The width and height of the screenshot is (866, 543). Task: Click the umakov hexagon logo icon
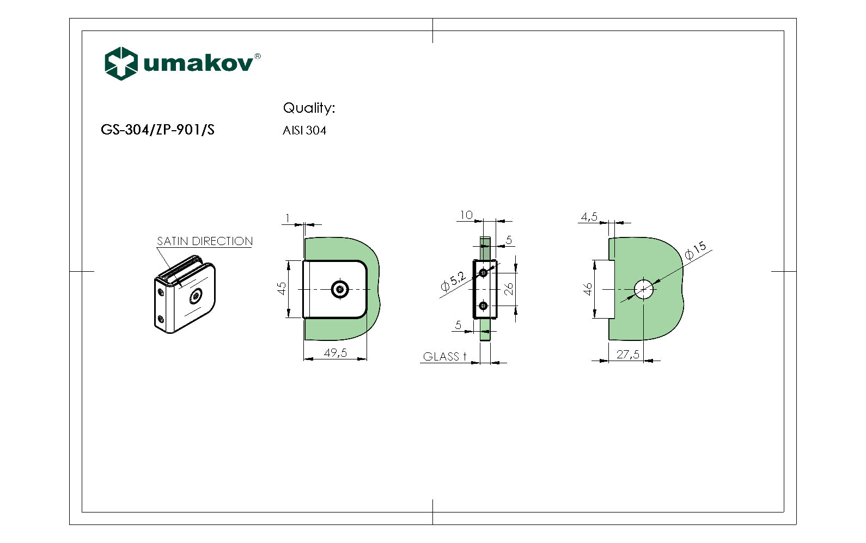(x=120, y=63)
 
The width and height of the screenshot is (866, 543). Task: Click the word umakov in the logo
(x=198, y=63)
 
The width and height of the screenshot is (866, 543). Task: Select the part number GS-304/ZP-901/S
(x=157, y=130)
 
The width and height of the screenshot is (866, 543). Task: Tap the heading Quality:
(x=309, y=108)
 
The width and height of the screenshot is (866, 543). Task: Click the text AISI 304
(x=304, y=131)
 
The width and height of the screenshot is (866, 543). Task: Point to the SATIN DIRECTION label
(x=205, y=241)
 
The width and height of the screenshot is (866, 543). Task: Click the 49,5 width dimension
(x=335, y=353)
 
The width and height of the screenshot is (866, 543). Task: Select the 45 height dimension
(x=282, y=288)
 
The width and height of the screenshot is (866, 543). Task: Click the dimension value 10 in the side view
(x=466, y=215)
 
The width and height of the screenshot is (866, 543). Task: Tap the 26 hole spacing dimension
(x=509, y=289)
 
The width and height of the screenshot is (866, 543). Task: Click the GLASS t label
(x=444, y=357)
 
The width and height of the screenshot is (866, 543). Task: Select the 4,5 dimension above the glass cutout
(x=589, y=217)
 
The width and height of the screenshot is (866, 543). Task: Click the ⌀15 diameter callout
(x=695, y=249)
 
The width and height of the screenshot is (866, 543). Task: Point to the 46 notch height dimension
(x=588, y=289)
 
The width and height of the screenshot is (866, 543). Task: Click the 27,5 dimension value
(x=627, y=355)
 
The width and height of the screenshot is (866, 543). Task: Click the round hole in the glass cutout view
(x=644, y=289)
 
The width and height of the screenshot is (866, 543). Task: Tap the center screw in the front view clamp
(x=340, y=289)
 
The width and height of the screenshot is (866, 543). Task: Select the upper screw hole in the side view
(x=483, y=272)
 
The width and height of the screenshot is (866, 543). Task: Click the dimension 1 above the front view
(x=288, y=218)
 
